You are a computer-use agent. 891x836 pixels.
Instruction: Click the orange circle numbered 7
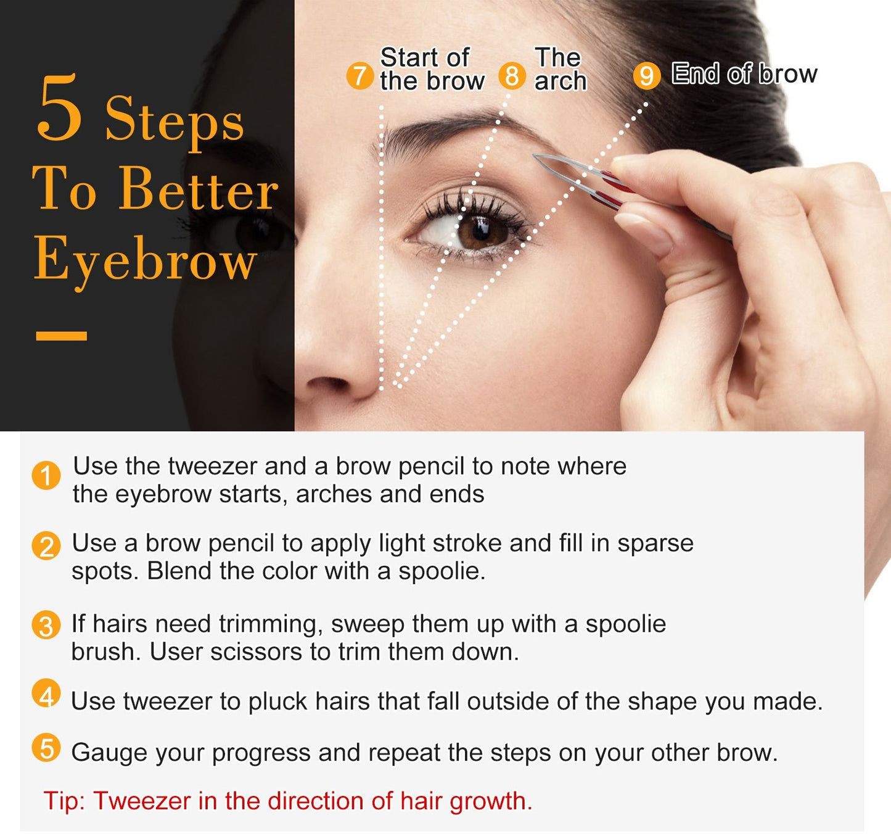(360, 76)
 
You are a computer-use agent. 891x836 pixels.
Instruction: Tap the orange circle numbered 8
(512, 75)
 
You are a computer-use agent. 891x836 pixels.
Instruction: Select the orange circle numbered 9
(646, 76)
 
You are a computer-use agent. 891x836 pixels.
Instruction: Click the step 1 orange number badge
(46, 476)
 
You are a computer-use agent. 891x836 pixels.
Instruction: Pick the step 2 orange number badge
(46, 546)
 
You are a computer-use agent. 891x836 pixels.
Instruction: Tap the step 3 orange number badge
(46, 626)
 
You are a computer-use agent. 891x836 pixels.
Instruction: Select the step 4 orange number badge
(46, 693)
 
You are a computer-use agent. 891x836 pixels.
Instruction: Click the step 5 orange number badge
(46, 748)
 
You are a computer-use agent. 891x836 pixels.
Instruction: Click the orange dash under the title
(62, 336)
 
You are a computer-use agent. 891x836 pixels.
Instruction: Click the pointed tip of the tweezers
(535, 155)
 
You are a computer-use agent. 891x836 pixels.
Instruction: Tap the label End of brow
(744, 73)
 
